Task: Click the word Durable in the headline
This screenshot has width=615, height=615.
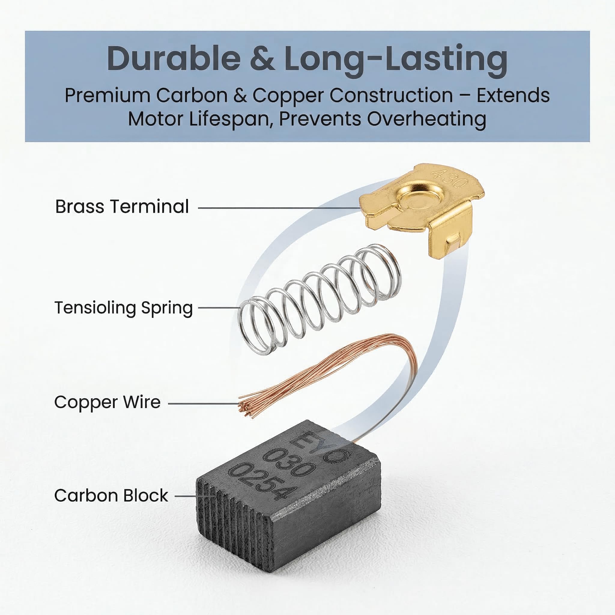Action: (x=174, y=59)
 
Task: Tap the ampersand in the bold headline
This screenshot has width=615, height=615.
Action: (x=262, y=59)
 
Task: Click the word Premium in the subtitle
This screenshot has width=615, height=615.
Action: (x=107, y=95)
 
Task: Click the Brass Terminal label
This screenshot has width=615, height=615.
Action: (x=122, y=207)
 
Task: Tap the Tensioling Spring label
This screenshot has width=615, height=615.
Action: (x=124, y=308)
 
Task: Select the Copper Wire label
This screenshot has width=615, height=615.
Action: (x=107, y=402)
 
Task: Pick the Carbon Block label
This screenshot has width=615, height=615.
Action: (x=111, y=495)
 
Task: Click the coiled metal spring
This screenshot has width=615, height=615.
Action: (x=319, y=299)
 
